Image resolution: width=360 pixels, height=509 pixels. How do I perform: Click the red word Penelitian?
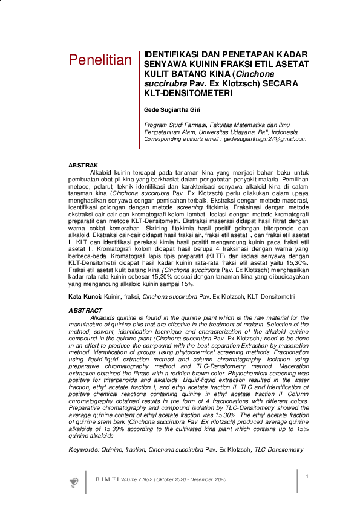(100, 60)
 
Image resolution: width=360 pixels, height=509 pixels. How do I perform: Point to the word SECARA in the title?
(282, 83)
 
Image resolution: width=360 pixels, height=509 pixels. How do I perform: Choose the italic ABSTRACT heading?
(85, 310)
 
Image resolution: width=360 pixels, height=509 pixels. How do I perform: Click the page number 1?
(307, 476)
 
